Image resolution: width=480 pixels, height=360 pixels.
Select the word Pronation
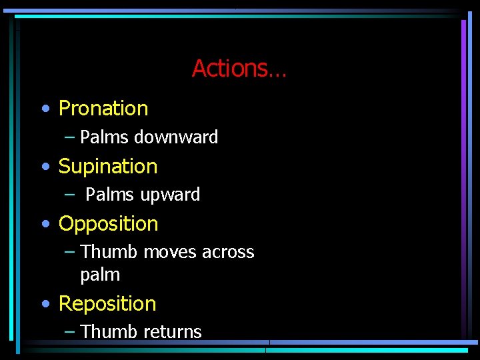pyautogui.click(x=103, y=108)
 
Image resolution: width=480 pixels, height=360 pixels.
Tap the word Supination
pyautogui.click(x=108, y=166)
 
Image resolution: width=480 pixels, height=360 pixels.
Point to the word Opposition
pyautogui.click(x=108, y=224)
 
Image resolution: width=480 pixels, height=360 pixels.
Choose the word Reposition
pyautogui.click(x=107, y=303)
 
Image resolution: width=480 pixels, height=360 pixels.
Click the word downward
pyautogui.click(x=176, y=137)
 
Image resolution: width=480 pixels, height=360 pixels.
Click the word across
pyautogui.click(x=228, y=252)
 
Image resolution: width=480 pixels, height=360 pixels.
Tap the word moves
pyautogui.click(x=169, y=252)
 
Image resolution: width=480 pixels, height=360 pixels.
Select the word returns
pyautogui.click(x=172, y=331)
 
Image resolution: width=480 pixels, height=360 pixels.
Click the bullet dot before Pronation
pyautogui.click(x=45, y=109)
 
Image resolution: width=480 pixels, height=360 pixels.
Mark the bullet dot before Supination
pyautogui.click(x=45, y=167)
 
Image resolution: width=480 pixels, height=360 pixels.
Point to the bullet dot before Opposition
pyautogui.click(x=45, y=225)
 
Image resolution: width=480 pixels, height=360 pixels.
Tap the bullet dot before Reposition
pyautogui.click(x=45, y=304)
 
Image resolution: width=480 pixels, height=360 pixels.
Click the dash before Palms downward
pyautogui.click(x=70, y=137)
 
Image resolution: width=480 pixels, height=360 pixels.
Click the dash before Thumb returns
pyautogui.click(x=70, y=331)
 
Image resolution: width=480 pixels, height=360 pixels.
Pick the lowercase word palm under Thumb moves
pyautogui.click(x=100, y=275)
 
